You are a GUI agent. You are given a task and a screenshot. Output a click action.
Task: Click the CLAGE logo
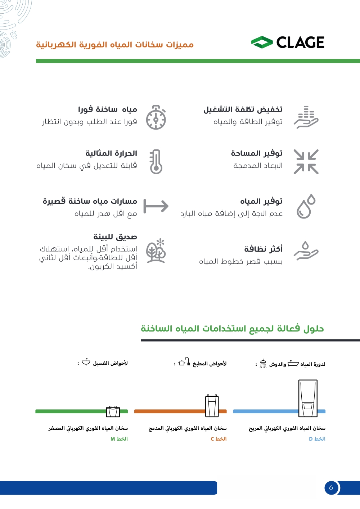tap(288, 42)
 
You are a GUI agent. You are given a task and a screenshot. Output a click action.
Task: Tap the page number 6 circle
tap(331, 488)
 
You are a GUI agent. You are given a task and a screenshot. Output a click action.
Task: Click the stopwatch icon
tap(156, 117)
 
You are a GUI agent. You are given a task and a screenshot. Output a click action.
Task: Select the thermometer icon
tap(156, 162)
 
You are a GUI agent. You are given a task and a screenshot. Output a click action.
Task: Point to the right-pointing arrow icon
tap(156, 206)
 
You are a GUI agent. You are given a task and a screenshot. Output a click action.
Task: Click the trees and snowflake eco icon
tap(156, 251)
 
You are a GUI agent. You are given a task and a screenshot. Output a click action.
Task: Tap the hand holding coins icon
tap(306, 117)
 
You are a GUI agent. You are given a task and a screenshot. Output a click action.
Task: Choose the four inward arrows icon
tap(306, 162)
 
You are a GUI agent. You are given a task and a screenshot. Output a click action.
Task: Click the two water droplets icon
tap(306, 206)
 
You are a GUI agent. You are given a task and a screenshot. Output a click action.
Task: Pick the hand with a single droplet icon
tap(306, 251)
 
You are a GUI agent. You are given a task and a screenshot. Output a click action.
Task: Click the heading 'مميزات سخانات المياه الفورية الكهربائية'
tap(115, 45)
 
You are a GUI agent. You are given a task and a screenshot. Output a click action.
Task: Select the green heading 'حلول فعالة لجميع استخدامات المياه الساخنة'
tap(232, 329)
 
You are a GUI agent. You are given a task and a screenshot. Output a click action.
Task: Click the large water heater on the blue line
tap(308, 398)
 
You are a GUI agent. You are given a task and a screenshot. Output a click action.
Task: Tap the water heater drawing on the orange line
tap(212, 406)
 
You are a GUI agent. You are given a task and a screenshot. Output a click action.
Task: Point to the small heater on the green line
tap(113, 411)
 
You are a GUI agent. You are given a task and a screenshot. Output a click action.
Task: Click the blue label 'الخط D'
tap(317, 439)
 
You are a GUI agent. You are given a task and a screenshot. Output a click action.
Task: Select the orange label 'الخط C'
tap(219, 439)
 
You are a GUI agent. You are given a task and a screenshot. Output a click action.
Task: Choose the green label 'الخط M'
tap(119, 439)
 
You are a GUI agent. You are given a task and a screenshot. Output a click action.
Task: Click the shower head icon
tap(263, 364)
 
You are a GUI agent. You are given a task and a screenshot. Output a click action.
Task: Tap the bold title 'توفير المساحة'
tap(257, 153)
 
